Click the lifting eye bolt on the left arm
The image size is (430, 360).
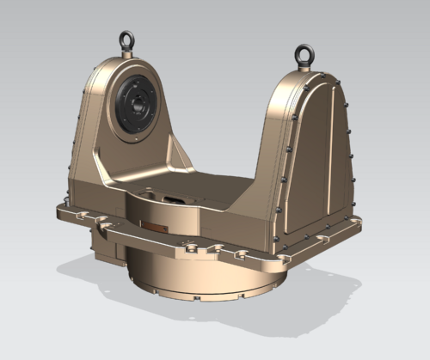pyautogui.click(x=127, y=40)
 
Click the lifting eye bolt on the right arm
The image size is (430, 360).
pyautogui.click(x=304, y=54)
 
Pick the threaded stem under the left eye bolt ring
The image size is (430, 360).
pyautogui.click(x=127, y=53)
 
